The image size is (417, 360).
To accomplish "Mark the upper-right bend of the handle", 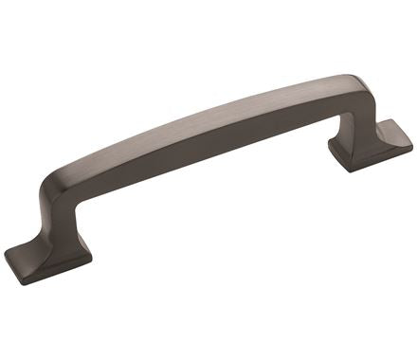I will [355, 87].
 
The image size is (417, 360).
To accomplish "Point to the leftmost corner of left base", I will [6, 254].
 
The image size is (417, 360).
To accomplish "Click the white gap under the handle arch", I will [208, 199].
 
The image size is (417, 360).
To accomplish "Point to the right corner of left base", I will [92, 254].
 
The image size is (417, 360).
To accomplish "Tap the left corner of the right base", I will [331, 147].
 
